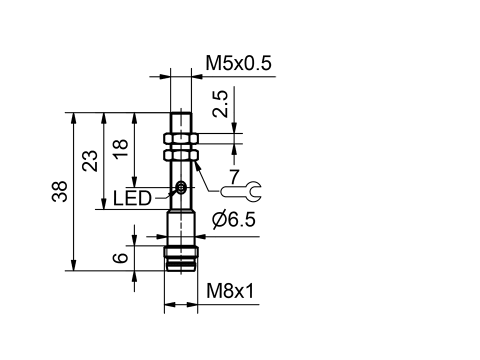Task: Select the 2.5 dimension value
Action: (x=220, y=103)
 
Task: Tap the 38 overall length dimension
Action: (x=59, y=191)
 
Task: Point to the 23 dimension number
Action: (x=90, y=161)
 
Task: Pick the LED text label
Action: (x=132, y=199)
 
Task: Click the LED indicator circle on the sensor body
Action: (x=181, y=188)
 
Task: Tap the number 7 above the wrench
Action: (x=234, y=176)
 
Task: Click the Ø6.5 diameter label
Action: (x=233, y=219)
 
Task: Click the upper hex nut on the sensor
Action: (x=180, y=138)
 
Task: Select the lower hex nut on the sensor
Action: (x=180, y=156)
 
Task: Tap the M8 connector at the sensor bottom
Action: (x=181, y=258)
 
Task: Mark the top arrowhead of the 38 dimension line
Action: (x=74, y=118)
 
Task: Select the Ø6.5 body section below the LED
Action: (x=181, y=227)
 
